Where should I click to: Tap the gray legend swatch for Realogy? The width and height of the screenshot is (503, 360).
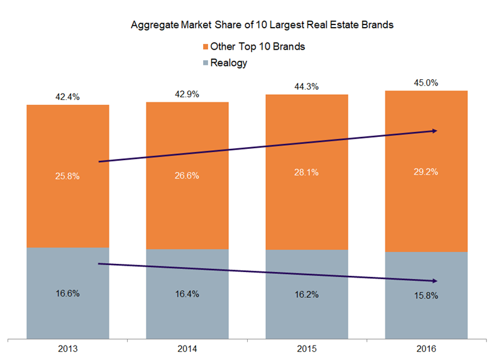point(204,63)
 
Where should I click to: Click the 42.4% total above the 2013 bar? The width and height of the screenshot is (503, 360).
point(67,97)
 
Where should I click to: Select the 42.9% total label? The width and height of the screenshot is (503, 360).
point(187,94)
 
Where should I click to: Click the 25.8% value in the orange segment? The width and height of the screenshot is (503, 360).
point(67,177)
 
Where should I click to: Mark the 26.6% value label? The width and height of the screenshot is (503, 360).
point(187,175)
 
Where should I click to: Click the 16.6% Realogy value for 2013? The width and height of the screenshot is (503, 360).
point(67,292)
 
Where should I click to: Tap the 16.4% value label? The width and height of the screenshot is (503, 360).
point(187,293)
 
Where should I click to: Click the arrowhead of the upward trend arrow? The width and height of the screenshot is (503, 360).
point(434,131)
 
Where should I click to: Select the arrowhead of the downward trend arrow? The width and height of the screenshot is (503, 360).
point(434,280)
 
